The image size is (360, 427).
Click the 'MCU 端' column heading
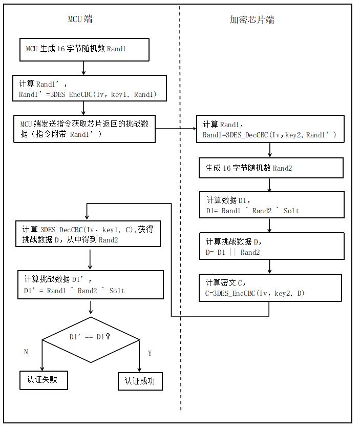click(x=80, y=19)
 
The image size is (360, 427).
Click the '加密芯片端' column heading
click(x=251, y=20)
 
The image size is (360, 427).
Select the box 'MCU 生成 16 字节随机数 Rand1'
click(x=84, y=50)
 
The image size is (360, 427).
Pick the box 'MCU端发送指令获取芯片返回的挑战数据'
click(x=84, y=129)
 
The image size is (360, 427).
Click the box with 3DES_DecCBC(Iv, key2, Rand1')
click(x=270, y=130)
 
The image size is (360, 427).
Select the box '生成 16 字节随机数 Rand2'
click(x=271, y=168)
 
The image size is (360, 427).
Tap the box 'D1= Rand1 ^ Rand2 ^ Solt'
click(x=272, y=205)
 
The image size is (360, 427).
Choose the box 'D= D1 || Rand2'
click(x=272, y=246)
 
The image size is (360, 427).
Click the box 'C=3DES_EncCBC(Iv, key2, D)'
click(x=270, y=288)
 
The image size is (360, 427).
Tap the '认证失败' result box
click(x=44, y=380)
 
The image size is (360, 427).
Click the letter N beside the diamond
click(x=26, y=352)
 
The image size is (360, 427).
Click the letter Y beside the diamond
click(x=150, y=353)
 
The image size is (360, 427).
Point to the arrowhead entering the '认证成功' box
click(x=140, y=370)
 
